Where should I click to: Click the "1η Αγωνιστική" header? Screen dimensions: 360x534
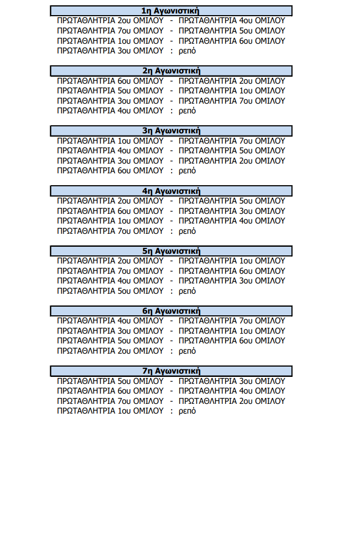[x=171, y=11]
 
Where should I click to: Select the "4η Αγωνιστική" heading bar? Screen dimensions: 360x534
[x=171, y=191]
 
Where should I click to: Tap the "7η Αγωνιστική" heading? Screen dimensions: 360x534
[x=171, y=371]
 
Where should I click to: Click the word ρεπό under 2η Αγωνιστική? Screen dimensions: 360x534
[x=187, y=111]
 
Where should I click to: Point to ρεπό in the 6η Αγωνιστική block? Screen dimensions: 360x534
[x=187, y=351]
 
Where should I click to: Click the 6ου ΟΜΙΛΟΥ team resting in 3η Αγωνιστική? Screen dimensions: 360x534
[x=110, y=171]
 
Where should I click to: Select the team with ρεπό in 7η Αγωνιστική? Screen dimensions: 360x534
[x=110, y=411]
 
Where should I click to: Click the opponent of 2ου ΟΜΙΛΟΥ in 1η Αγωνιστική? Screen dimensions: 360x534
[x=232, y=21]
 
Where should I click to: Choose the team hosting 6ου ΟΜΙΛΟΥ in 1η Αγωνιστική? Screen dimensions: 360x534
[x=110, y=41]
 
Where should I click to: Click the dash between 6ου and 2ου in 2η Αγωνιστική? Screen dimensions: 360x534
[x=171, y=81]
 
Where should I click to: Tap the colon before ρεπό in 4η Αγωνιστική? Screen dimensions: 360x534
[x=171, y=232]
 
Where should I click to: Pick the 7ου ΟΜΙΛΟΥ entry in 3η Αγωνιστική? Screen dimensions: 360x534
[x=232, y=141]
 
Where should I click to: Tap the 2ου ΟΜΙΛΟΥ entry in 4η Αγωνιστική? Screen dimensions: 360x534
[x=110, y=201]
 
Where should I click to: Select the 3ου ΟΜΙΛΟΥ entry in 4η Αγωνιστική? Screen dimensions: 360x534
[x=232, y=211]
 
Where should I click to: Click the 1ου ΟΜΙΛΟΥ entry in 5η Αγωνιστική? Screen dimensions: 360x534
[x=232, y=261]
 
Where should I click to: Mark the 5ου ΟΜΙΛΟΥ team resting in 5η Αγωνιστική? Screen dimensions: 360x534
[x=110, y=291]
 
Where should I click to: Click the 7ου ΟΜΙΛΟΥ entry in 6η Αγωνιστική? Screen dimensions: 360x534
[x=232, y=321]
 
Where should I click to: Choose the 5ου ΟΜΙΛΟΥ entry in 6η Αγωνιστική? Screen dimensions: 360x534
[x=110, y=341]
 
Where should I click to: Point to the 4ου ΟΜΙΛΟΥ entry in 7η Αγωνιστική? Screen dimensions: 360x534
[x=232, y=391]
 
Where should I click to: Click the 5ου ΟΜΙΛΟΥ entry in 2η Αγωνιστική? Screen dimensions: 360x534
[x=110, y=91]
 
